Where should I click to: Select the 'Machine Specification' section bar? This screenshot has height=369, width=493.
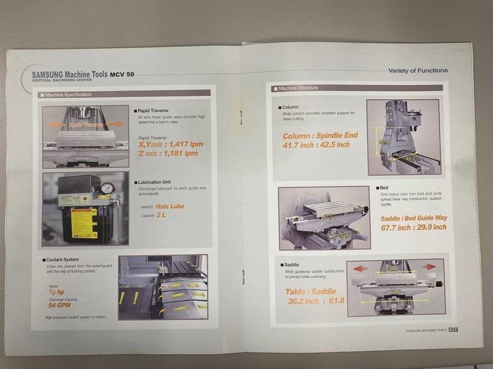tap(68, 94)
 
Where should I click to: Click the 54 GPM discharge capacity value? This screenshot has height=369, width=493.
tap(61, 304)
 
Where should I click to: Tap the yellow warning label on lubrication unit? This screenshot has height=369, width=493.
tap(84, 221)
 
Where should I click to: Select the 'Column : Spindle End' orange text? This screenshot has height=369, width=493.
tap(319, 136)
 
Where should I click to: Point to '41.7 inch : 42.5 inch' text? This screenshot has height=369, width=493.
tap(316, 145)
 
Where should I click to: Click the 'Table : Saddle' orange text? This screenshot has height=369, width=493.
tap(311, 291)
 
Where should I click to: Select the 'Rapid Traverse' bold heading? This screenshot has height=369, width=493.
tap(153, 110)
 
